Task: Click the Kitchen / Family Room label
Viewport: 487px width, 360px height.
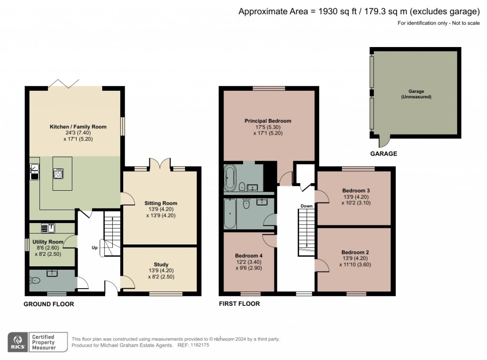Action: pyautogui.click(x=78, y=126)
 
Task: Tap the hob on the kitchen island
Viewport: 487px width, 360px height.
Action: pyautogui.click(x=58, y=173)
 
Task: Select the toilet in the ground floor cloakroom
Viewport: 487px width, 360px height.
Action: pyautogui.click(x=35, y=281)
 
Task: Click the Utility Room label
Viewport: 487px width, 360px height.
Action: pyautogui.click(x=48, y=242)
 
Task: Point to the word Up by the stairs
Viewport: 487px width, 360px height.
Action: pyautogui.click(x=95, y=248)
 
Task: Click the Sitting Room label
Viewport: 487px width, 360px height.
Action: pyautogui.click(x=161, y=203)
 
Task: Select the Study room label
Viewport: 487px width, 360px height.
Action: pyautogui.click(x=161, y=264)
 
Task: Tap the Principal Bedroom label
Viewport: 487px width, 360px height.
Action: pyautogui.click(x=268, y=121)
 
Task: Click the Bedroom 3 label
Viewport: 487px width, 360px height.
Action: pyautogui.click(x=356, y=190)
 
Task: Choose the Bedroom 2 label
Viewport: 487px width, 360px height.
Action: pyautogui.click(x=355, y=252)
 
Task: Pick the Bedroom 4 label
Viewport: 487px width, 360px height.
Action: pyautogui.click(x=249, y=256)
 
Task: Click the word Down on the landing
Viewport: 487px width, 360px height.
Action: pyautogui.click(x=307, y=206)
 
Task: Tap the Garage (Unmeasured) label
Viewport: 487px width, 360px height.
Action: pyautogui.click(x=416, y=94)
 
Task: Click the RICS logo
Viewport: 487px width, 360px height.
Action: pyautogui.click(x=18, y=342)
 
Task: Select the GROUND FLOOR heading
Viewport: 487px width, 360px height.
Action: pyautogui.click(x=49, y=304)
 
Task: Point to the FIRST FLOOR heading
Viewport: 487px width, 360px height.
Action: pyautogui.click(x=240, y=303)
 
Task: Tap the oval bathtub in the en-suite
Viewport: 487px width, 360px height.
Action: pyautogui.click(x=230, y=178)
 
